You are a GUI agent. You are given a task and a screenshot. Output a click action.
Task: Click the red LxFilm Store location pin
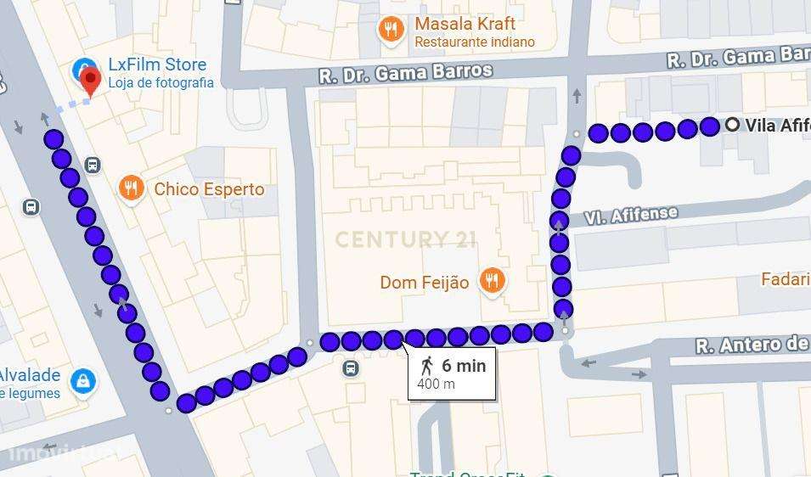pos(91,81)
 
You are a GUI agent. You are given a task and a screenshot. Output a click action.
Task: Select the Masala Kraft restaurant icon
pos(391,30)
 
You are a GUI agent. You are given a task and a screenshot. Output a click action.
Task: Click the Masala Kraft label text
pos(465,24)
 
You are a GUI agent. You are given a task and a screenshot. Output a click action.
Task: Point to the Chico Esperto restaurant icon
pos(130,188)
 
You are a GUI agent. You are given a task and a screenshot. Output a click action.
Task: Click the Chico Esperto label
pos(209,189)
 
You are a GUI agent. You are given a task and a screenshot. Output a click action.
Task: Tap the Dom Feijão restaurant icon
pos(491,280)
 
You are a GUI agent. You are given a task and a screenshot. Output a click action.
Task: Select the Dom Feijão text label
pos(424,283)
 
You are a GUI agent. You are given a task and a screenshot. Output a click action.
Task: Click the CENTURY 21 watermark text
pos(405,239)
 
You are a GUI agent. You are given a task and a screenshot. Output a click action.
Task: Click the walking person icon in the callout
pos(427,366)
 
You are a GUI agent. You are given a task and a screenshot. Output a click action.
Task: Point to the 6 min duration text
pos(464,366)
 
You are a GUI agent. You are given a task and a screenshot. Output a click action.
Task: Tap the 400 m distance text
pos(436,384)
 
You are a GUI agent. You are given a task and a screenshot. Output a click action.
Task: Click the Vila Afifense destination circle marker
pos(733,126)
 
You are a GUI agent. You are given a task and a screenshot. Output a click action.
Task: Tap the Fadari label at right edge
pos(786,279)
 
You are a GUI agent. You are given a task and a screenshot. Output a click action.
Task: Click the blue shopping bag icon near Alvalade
pos(83,381)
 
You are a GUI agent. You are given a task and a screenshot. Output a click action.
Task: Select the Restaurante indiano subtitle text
pos(475,42)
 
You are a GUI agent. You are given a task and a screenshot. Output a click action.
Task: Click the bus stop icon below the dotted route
pos(351,368)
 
